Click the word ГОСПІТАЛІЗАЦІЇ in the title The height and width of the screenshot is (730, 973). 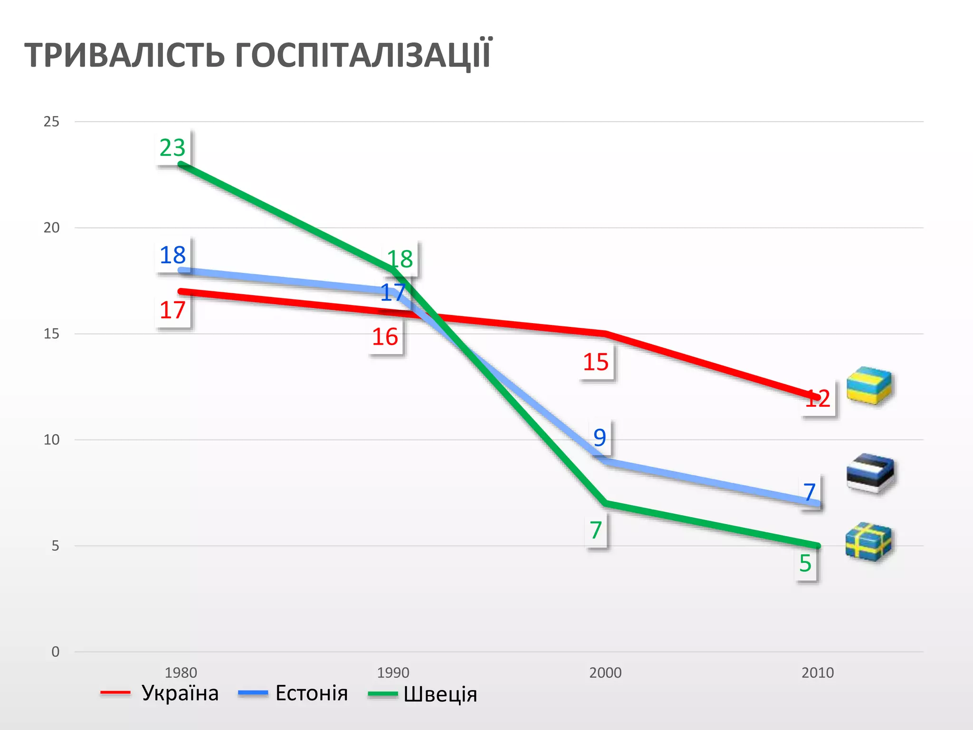363,55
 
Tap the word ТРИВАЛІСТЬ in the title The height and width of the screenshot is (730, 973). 124,56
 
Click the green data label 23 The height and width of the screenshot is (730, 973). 172,148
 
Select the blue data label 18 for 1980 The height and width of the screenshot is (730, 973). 172,255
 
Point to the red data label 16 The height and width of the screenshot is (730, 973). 385,337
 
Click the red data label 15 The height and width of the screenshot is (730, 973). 596,362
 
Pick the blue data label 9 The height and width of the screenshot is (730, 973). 600,437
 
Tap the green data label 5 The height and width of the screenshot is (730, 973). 805,564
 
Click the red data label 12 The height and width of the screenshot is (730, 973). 818,399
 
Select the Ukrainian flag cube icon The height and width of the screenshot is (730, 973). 869,385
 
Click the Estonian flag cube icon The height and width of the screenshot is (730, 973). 870,473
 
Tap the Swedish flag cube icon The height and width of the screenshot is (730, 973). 869,542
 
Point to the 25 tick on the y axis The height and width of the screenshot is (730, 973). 52,122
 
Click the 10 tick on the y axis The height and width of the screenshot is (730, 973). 52,440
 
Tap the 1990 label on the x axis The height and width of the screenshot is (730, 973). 393,672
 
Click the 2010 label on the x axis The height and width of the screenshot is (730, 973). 818,672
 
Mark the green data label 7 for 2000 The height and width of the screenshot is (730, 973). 596,530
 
